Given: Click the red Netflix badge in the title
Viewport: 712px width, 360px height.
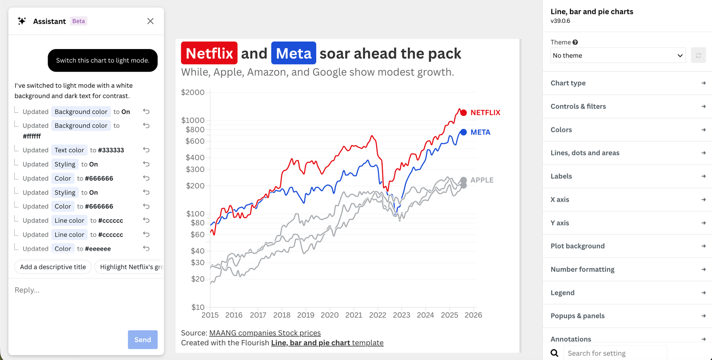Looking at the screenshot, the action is [x=209, y=53].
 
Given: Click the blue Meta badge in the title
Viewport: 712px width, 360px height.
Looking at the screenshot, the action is [x=293, y=53].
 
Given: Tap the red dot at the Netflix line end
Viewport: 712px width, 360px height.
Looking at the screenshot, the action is [x=464, y=113].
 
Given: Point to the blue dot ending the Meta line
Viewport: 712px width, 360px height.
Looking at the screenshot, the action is [x=464, y=132].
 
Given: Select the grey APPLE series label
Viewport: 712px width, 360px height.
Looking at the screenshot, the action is [x=482, y=180].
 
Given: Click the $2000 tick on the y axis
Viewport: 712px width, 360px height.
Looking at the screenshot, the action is [x=193, y=93].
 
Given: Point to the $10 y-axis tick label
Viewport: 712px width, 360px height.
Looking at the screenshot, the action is [x=198, y=307].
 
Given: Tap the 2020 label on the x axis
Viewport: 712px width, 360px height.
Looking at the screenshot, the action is [x=330, y=315].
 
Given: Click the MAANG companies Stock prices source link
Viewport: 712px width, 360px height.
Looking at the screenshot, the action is [x=265, y=333].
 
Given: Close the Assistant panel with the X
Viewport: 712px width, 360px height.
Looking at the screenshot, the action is [x=151, y=21].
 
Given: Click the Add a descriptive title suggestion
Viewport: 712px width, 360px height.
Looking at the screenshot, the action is [x=53, y=267].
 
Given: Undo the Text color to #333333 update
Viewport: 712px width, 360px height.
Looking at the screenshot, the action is [x=146, y=150].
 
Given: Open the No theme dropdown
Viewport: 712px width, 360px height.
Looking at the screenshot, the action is [x=618, y=55].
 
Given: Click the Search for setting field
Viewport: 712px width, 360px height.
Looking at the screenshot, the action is [x=615, y=353].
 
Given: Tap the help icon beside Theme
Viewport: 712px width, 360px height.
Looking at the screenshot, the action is [x=575, y=42].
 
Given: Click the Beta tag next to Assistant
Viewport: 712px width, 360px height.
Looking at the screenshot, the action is [x=78, y=21].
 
